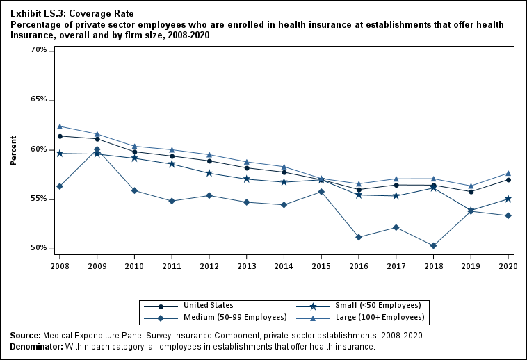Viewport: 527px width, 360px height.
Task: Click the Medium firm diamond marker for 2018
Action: [433, 246]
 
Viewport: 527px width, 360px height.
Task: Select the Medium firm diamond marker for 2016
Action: [359, 237]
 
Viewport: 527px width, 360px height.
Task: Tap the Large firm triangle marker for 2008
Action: [60, 126]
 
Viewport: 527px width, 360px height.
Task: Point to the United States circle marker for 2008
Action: [60, 136]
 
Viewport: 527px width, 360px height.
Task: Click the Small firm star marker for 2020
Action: [508, 199]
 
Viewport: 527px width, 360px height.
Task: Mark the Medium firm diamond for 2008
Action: [60, 186]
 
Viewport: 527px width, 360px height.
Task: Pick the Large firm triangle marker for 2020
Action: [508, 173]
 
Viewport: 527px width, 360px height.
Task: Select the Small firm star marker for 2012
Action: [209, 173]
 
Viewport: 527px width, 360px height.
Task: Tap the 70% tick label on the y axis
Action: [39, 51]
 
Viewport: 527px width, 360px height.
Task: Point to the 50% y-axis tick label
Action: [39, 249]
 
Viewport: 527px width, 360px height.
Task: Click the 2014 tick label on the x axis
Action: [284, 265]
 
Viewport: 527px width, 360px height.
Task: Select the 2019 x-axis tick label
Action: [471, 265]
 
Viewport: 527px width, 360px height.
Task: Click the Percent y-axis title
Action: [13, 149]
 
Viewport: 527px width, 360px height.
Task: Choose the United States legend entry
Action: [208, 306]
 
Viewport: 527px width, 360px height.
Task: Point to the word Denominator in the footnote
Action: [36, 347]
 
